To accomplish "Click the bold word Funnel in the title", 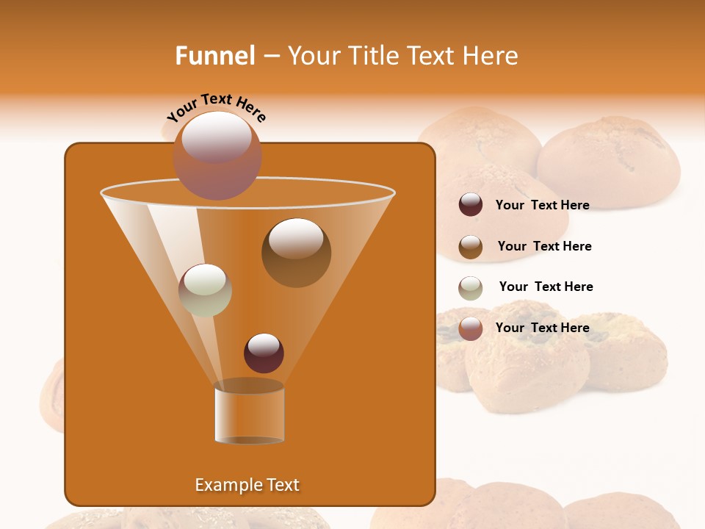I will (x=214, y=56).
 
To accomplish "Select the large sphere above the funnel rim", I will (x=217, y=154).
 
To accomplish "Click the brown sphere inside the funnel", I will (x=296, y=252).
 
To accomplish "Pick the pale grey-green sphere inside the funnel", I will (x=205, y=289).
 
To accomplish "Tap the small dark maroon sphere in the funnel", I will (x=264, y=353).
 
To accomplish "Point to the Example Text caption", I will (x=247, y=485).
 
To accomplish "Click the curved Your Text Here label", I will (x=217, y=108).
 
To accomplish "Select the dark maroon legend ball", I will (x=471, y=205).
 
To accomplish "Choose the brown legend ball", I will (x=471, y=247).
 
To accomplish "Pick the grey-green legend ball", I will (x=471, y=288).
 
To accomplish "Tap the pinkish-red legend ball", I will (x=471, y=328).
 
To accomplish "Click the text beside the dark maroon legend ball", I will (x=542, y=205).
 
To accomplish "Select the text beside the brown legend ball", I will (x=544, y=246).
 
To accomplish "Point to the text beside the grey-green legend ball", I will (x=546, y=287).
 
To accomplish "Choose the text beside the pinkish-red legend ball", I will (x=542, y=328).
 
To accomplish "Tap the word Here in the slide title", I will (x=491, y=56).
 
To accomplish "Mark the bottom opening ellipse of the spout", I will (x=249, y=439).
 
